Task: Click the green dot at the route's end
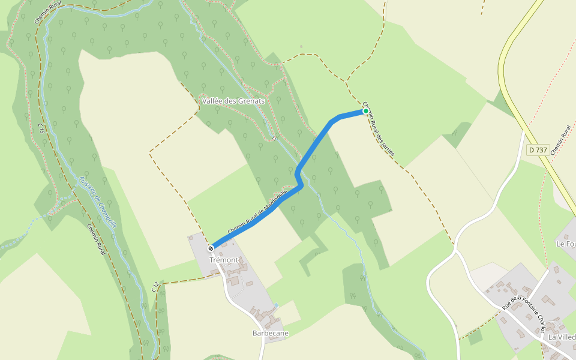[x=365, y=111]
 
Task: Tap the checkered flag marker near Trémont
[x=211, y=248]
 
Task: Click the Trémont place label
[x=224, y=260]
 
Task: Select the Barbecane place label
[x=271, y=333]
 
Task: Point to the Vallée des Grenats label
[x=233, y=101]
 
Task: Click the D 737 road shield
[x=538, y=149]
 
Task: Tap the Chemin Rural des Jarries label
[x=379, y=128]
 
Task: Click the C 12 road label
[x=155, y=287]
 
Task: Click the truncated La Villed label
[x=562, y=337]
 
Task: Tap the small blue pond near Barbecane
[x=276, y=305]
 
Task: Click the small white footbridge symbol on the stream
[x=274, y=138]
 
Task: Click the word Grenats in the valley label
[x=252, y=101]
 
